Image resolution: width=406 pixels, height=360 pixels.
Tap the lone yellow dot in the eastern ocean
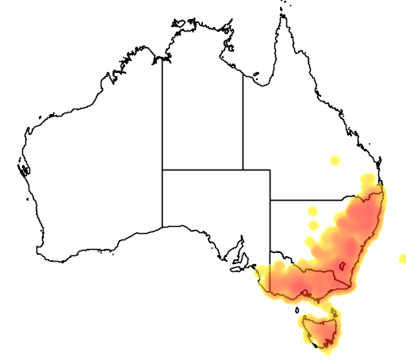[402, 259]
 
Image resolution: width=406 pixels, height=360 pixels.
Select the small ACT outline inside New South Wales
[343, 267]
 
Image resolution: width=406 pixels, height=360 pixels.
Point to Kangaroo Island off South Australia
[235, 268]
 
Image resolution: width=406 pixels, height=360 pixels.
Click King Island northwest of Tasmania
[297, 308]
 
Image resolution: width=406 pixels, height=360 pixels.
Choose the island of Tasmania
[320, 330]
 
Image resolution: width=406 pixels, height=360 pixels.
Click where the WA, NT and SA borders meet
[163, 170]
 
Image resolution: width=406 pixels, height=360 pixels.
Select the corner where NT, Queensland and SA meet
[243, 170]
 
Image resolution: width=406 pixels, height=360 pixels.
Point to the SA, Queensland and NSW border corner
[270, 200]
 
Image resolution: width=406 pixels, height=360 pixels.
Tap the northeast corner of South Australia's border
[270, 170]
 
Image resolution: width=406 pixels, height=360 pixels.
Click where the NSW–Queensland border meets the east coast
[385, 188]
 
